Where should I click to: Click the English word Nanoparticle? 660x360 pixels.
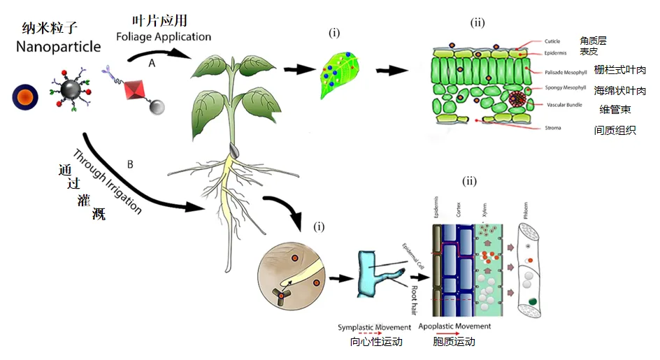(59, 47)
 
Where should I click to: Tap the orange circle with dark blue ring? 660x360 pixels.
(25, 96)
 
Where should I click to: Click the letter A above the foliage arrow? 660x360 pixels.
(152, 62)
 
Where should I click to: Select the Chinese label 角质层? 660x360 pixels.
(594, 41)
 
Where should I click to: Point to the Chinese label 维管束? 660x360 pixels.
(615, 109)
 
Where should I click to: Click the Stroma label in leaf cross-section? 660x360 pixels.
(552, 128)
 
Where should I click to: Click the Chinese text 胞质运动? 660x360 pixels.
(454, 342)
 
